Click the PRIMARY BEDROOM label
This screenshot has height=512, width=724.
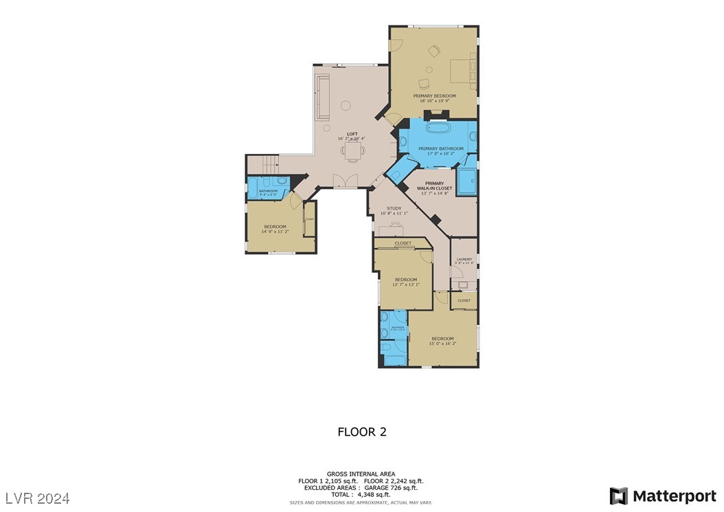pyautogui.click(x=434, y=96)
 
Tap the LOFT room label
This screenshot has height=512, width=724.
pyautogui.click(x=352, y=133)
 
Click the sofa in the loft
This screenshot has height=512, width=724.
pyautogui.click(x=322, y=97)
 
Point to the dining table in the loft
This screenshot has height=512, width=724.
pyautogui.click(x=352, y=149)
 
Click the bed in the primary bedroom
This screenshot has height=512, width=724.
pyautogui.click(x=463, y=71)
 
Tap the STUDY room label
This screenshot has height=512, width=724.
pyautogui.click(x=394, y=208)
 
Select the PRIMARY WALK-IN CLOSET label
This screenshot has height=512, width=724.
pyautogui.click(x=434, y=186)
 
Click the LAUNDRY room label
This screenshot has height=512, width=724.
pyautogui.click(x=464, y=259)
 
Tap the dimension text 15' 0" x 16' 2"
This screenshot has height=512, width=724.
pyautogui.click(x=442, y=344)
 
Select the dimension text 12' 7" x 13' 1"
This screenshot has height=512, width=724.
pyautogui.click(x=405, y=285)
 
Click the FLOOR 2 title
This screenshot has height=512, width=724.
pyautogui.click(x=361, y=432)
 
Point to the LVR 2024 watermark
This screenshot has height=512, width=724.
pyautogui.click(x=38, y=497)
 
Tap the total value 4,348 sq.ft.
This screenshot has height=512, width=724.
pyautogui.click(x=376, y=494)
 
